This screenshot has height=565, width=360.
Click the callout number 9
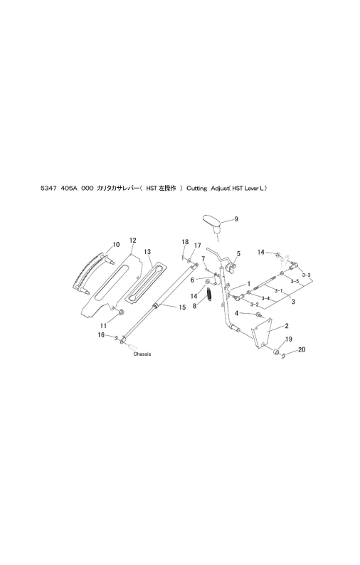pyautogui.click(x=236, y=218)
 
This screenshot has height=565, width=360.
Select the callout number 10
pyautogui.click(x=116, y=245)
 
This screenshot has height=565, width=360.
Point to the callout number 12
pyautogui.click(x=132, y=241)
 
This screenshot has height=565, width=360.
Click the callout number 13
pyautogui.click(x=147, y=252)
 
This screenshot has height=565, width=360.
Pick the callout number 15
pyautogui.click(x=182, y=307)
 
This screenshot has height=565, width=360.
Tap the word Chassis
pyautogui.click(x=142, y=354)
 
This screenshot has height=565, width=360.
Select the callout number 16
pyautogui.click(x=101, y=335)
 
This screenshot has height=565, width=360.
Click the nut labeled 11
pyautogui.click(x=122, y=312)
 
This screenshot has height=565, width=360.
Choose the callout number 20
pyautogui.click(x=302, y=349)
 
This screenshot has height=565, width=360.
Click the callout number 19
pyautogui.click(x=289, y=339)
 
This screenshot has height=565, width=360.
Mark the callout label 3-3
pyautogui.click(x=307, y=275)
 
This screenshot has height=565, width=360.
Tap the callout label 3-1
pyautogui.click(x=278, y=290)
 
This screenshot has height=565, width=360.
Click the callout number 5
pyautogui.click(x=238, y=253)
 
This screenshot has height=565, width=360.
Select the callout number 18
pyautogui.click(x=185, y=242)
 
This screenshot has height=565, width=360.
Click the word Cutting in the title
pyautogui.click(x=197, y=188)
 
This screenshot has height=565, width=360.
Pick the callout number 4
pyautogui.click(x=237, y=314)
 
